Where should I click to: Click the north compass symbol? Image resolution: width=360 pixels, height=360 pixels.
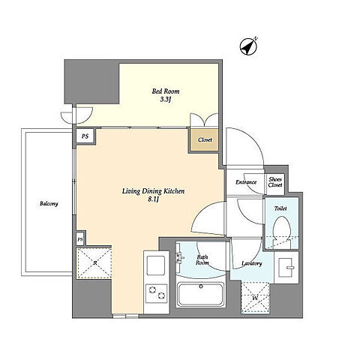coord(248,46)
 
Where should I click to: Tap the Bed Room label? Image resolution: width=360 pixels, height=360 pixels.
coord(166,91)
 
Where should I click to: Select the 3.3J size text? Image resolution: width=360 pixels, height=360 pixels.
coord(166,100)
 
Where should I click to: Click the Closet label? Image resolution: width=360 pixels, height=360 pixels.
coord(205,140)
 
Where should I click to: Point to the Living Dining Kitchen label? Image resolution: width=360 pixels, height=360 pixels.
coord(153,191)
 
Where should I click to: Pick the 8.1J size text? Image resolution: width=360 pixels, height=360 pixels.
coord(154,199)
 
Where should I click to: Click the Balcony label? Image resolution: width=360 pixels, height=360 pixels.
coord(49,204)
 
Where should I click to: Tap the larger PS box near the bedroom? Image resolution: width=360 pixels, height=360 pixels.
coord(85,136)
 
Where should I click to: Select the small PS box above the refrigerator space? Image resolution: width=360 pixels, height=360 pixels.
coord(80,239)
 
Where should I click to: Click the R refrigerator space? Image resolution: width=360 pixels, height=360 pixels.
coord(94,262)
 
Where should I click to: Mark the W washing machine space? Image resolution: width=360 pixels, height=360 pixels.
coord(255,298)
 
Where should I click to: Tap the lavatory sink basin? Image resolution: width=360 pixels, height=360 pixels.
coord(286,268)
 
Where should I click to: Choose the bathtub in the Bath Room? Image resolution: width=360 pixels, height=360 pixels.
coord(201,295)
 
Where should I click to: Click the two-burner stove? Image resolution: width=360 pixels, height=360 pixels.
coord(157,293)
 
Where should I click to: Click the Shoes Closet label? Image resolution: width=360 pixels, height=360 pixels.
coord(275,182)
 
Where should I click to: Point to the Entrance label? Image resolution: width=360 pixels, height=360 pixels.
coord(246,182)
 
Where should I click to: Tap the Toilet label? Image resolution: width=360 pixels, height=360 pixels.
coord(280,208)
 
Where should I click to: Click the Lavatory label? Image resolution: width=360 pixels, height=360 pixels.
coord(252,264)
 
